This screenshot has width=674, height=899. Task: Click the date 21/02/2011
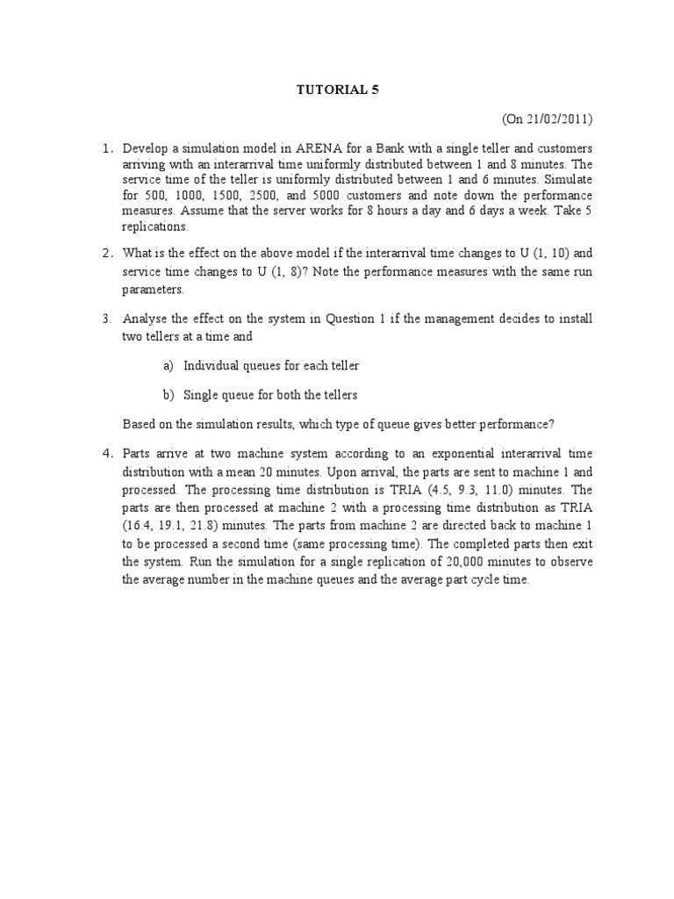(x=563, y=119)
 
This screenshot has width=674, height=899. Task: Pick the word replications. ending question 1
(x=155, y=227)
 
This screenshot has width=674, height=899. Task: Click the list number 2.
(x=105, y=254)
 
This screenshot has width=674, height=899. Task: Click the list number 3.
(x=105, y=319)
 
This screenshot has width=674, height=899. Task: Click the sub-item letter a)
(x=167, y=365)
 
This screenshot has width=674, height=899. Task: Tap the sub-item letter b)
(x=167, y=395)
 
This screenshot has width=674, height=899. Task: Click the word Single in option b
(x=201, y=395)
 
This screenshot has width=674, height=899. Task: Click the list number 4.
(x=105, y=453)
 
